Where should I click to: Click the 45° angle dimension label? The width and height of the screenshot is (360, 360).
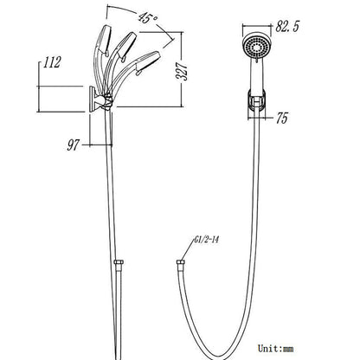click(148, 18)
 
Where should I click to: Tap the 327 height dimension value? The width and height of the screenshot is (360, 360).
click(182, 71)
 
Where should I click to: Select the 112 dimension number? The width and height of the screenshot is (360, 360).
click(52, 62)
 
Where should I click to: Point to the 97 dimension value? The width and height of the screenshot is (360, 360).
click(73, 145)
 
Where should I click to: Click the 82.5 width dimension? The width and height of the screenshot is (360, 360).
click(287, 27)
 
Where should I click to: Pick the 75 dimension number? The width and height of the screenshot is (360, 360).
click(282, 118)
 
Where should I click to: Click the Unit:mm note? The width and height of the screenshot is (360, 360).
click(276, 348)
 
